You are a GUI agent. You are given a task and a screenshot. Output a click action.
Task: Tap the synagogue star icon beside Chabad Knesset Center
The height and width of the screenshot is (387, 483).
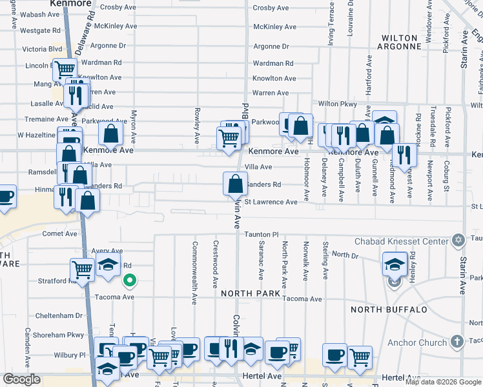click(x=458, y=241)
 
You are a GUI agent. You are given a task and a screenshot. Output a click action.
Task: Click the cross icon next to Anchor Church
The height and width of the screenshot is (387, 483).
click(x=457, y=342)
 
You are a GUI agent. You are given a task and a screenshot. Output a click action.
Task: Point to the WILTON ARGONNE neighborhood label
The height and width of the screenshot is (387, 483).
click(x=400, y=42)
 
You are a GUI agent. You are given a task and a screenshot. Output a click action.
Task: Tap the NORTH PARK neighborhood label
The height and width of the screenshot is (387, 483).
click(x=251, y=293)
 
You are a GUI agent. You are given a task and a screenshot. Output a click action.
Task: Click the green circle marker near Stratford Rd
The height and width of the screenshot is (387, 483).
click(x=130, y=280)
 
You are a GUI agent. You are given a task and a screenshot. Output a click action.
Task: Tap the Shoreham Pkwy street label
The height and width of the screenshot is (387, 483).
click(x=59, y=335)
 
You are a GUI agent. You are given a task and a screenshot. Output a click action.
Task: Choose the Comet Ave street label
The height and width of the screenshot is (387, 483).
click(x=59, y=234)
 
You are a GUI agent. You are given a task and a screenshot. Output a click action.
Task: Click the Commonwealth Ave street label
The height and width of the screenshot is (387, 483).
click(x=194, y=273)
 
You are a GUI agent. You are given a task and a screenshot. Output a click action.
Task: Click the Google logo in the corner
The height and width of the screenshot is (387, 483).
click(x=21, y=379)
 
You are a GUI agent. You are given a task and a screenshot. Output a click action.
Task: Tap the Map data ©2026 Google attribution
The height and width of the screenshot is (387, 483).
click(x=443, y=382)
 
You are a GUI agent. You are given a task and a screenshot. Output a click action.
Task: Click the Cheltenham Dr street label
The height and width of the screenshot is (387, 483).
click(x=59, y=315)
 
